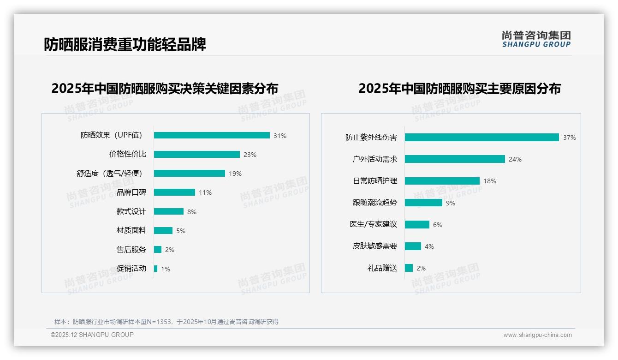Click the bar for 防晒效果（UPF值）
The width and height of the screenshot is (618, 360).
tap(212, 135)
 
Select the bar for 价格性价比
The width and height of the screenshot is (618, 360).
tap(197, 155)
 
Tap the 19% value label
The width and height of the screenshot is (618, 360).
tap(235, 174)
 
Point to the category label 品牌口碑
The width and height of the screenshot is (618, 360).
tap(131, 192)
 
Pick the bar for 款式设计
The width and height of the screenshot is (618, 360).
tap(169, 211)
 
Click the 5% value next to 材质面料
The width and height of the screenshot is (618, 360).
tap(181, 231)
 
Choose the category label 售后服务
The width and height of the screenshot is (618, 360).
tap(131, 250)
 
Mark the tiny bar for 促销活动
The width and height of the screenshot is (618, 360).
tap(156, 269)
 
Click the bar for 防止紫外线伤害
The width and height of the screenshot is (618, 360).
tap(482, 137)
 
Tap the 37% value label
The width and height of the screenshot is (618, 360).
tap(569, 138)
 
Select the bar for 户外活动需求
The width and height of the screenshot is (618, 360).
tap(455, 159)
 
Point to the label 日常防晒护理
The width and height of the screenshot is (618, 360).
tap(375, 181)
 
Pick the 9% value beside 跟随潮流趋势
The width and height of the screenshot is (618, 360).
tap(451, 203)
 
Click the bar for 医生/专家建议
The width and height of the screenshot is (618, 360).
tap(417, 224)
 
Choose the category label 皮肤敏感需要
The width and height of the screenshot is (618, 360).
tap(375, 246)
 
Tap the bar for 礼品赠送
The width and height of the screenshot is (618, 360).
tap(409, 268)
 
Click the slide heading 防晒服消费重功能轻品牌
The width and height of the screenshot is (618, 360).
tap(125, 44)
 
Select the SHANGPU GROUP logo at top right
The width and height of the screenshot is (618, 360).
tap(536, 39)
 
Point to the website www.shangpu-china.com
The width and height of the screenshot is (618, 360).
tap(537, 335)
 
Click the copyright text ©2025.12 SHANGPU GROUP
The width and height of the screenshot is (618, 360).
tap(92, 335)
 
